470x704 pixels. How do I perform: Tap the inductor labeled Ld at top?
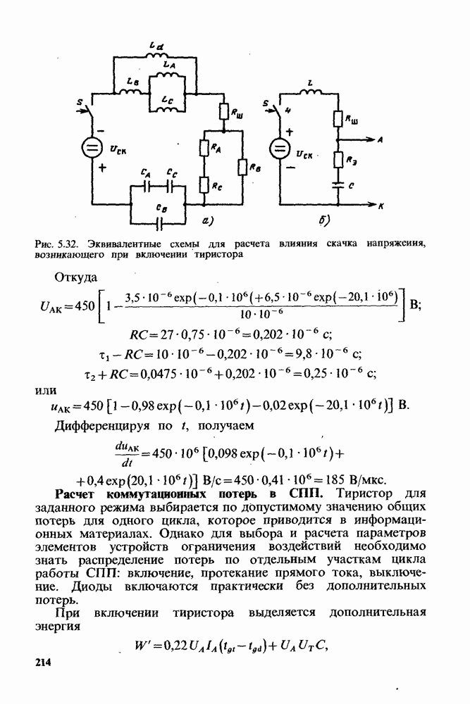pos(156,55)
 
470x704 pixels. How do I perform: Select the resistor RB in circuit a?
pos(242,168)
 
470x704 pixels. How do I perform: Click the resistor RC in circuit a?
pos(204,184)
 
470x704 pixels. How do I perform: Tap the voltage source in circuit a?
pos(92,149)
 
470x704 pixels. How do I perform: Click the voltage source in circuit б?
pos(280,149)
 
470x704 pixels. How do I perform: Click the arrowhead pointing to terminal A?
pos(371,139)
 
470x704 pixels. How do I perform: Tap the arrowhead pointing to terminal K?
pos(371,205)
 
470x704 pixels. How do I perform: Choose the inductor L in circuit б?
pos(311,92)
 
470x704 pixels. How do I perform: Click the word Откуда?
pos(75,277)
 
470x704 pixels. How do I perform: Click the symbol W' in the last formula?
pos(142,646)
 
